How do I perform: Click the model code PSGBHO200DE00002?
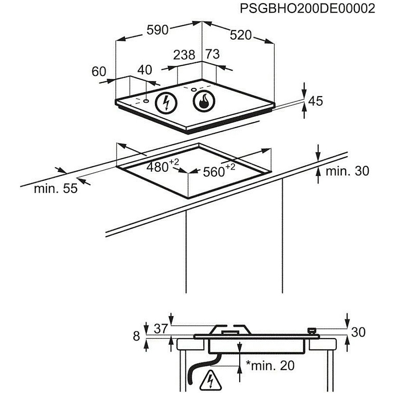[x=307, y=9]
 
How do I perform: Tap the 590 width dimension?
[x=158, y=30]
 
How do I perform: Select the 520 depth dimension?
[x=241, y=35]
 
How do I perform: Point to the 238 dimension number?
[x=184, y=55]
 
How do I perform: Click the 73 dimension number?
[x=212, y=54]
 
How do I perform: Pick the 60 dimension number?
[x=99, y=71]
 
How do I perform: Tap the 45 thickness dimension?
[x=316, y=101]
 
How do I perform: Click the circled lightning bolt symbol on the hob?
[x=166, y=103]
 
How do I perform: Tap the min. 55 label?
[x=56, y=188]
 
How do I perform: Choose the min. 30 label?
[x=348, y=171]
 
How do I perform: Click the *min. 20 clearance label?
[x=270, y=366]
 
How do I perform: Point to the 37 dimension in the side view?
[x=161, y=328]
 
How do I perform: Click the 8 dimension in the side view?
[x=136, y=336]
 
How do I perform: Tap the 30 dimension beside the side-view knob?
[x=358, y=332]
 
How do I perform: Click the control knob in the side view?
[x=312, y=331]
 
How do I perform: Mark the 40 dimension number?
[x=144, y=70]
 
